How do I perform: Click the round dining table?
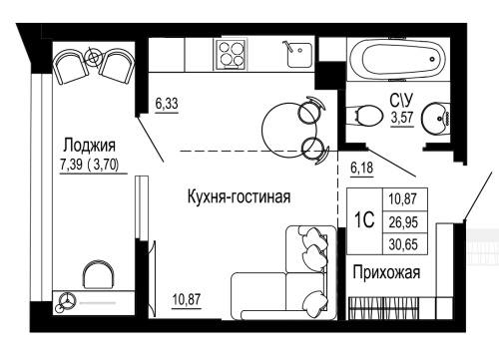pyautogui.click(x=285, y=126)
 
